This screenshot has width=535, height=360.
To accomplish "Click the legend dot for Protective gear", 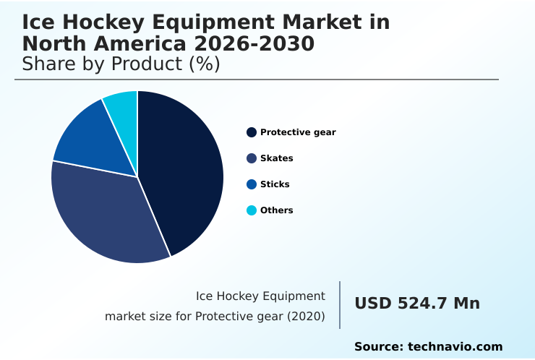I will point(252,132).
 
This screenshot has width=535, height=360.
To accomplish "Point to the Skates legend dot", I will point(252,158).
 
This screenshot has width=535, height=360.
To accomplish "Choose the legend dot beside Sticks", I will point(252,184).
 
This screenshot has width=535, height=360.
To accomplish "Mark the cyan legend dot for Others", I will point(252,210).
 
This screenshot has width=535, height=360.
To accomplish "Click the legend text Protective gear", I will point(298,132).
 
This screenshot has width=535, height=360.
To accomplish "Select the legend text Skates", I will point(277,158).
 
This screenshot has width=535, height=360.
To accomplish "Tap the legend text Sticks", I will point(275,184).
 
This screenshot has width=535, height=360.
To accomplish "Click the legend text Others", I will point(277,210).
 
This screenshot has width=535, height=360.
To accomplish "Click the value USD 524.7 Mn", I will point(417,304).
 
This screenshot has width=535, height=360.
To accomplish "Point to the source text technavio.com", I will point(455,347).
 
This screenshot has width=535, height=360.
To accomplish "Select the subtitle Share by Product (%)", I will point(121,64).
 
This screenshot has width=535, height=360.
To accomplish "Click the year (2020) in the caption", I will point(306,317).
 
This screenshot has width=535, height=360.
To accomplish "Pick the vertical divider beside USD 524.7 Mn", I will point(340,304).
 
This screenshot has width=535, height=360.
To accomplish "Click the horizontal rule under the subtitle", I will point(257,80).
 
